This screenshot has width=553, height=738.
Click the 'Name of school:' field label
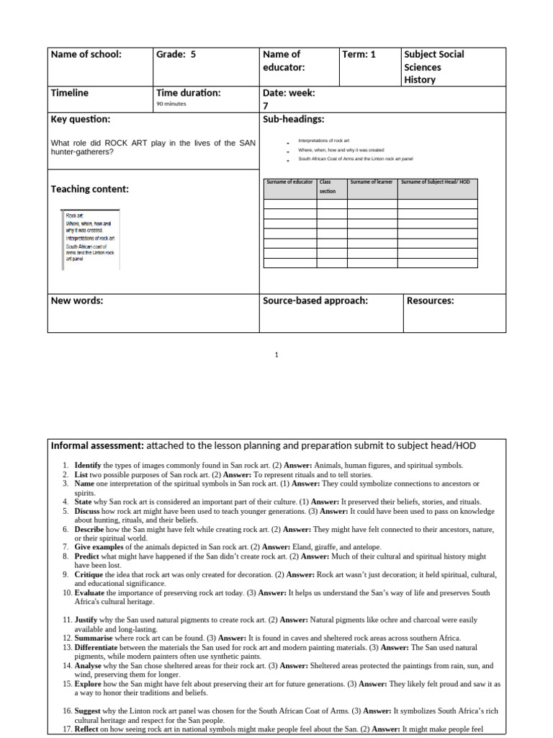(86, 55)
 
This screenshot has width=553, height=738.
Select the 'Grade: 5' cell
(176, 55)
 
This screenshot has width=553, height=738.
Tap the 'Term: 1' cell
(359, 55)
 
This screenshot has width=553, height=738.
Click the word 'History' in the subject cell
(420, 80)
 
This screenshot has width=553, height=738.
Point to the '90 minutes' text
(171, 104)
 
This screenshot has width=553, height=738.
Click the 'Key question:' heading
(80, 119)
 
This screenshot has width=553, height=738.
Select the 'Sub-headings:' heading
(294, 119)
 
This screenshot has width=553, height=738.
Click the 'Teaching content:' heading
(90, 189)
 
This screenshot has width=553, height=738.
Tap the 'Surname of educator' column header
(290, 182)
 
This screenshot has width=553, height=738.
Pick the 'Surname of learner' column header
(372, 182)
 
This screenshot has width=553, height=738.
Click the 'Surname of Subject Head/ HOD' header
(435, 182)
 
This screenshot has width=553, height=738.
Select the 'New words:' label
(77, 301)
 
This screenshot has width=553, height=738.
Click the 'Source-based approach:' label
(315, 301)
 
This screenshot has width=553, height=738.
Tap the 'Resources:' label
(431, 301)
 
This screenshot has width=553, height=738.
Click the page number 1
(276, 355)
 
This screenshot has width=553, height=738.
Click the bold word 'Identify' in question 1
(88, 466)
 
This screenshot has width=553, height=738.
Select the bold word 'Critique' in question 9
(89, 574)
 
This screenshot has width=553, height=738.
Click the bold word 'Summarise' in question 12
(94, 638)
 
